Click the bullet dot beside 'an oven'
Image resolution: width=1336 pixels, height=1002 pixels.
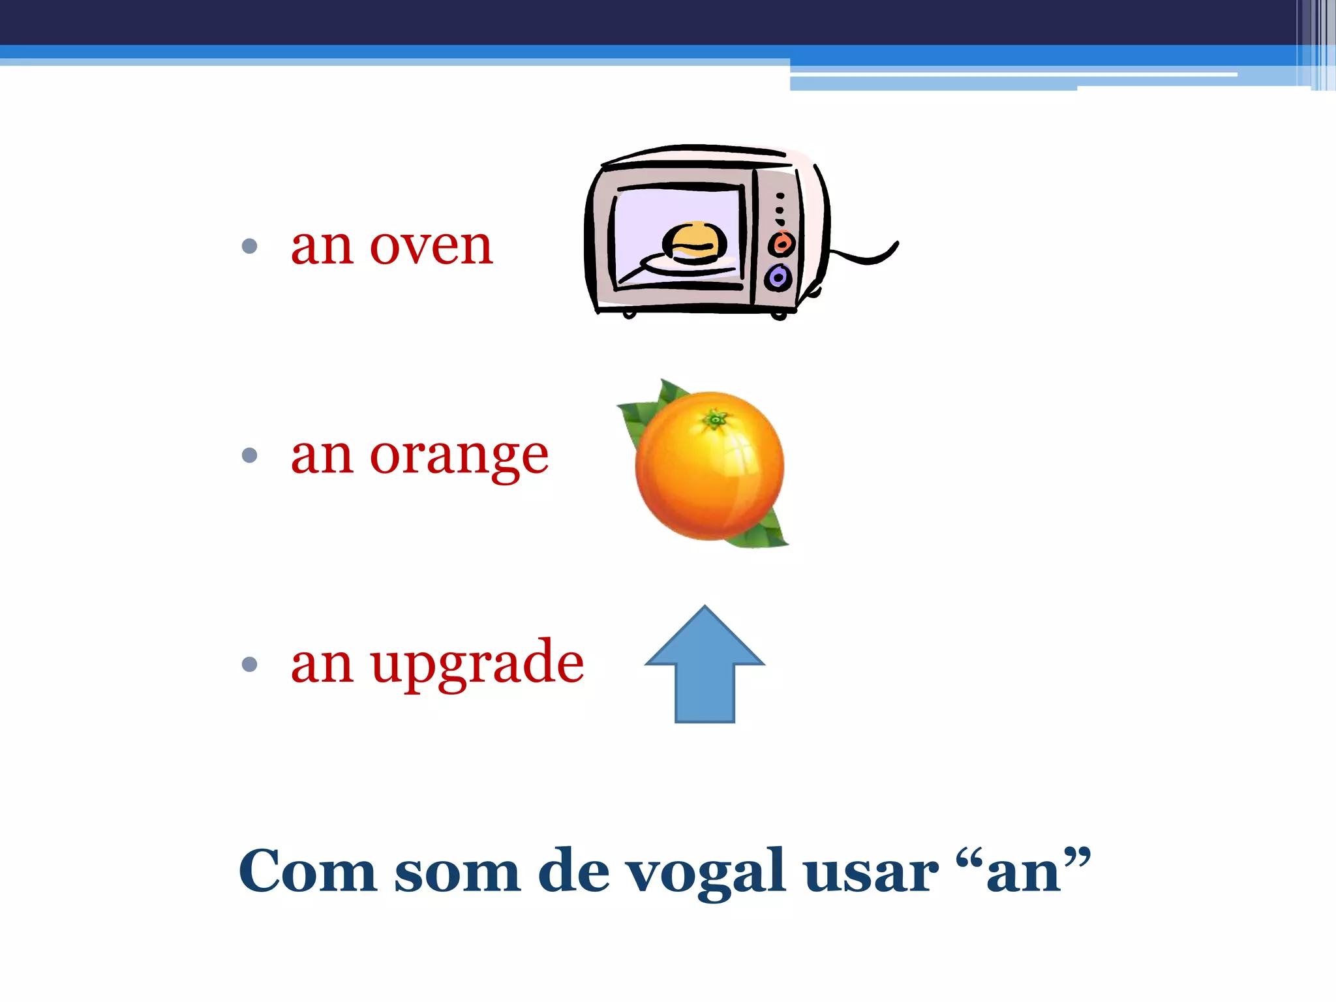coord(249,247)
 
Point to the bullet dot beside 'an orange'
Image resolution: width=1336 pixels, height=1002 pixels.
coord(249,455)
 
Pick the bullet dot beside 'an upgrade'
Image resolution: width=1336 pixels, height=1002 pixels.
coord(249,665)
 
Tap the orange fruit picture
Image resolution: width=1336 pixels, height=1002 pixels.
coord(709,466)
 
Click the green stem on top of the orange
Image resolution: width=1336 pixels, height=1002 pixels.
coord(716,419)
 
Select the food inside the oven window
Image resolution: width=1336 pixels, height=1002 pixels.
coord(694,243)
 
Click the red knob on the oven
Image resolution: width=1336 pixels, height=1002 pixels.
coord(781,244)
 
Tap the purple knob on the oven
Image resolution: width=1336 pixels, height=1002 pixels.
coord(778,278)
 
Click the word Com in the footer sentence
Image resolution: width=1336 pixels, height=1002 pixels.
coord(307,872)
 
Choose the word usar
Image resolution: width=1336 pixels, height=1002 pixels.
coord(870,873)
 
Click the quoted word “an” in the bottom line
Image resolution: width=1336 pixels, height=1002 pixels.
coord(1022,872)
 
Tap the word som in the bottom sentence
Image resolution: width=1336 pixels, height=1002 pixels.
coord(457,873)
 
